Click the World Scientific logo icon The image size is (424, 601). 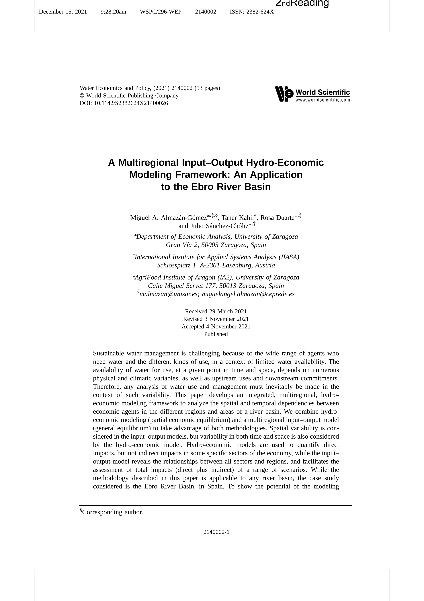tap(284, 94)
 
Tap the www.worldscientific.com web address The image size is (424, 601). tap(323, 100)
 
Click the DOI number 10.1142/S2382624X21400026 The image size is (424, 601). tap(131, 103)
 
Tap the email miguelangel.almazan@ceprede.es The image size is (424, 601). tap(248, 294)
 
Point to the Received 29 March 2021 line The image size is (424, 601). tap(216, 311)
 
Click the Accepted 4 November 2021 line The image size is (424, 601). tap(216, 326)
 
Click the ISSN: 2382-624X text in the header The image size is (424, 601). tap(251, 12)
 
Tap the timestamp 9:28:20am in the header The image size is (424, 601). tap(113, 12)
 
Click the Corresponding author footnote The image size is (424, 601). tap(112, 512)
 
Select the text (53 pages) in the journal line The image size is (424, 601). tap(207, 88)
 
